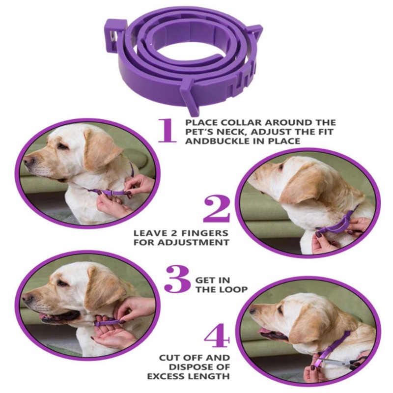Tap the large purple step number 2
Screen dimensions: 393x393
click(x=216, y=209)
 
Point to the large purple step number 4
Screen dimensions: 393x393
click(x=217, y=335)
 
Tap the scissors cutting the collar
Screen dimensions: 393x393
click(x=350, y=363)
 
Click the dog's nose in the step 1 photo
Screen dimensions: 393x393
click(x=28, y=161)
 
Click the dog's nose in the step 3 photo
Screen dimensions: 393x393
click(x=28, y=298)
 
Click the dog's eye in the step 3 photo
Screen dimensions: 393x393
click(x=63, y=283)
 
